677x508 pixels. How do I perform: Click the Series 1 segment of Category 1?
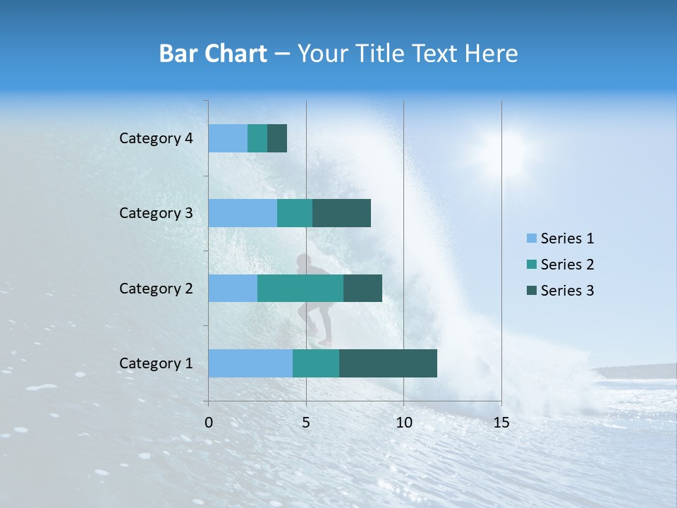tap(250, 363)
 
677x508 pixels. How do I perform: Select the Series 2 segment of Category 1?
tap(316, 363)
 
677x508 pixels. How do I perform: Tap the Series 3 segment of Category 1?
tap(388, 363)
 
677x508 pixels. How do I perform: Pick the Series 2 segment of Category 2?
tap(300, 288)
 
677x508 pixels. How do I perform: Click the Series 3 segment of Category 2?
tap(362, 288)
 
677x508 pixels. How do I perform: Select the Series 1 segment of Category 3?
tap(243, 213)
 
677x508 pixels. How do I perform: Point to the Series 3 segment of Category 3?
tap(341, 213)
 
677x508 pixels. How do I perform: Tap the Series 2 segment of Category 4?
tap(257, 138)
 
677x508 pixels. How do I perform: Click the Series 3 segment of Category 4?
tap(277, 138)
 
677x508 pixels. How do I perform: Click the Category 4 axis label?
tap(156, 138)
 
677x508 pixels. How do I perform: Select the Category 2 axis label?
tap(156, 288)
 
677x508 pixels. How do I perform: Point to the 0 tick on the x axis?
tap(209, 423)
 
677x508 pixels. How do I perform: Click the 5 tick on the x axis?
tap(306, 423)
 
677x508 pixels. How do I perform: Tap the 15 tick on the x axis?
tap(501, 423)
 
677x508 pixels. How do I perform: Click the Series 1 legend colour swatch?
tap(532, 238)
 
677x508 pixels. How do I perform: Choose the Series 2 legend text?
tap(567, 265)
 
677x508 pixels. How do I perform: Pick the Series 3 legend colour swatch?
tap(532, 291)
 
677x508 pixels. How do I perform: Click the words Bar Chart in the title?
tap(213, 54)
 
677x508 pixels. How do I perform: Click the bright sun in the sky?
tap(502, 150)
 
